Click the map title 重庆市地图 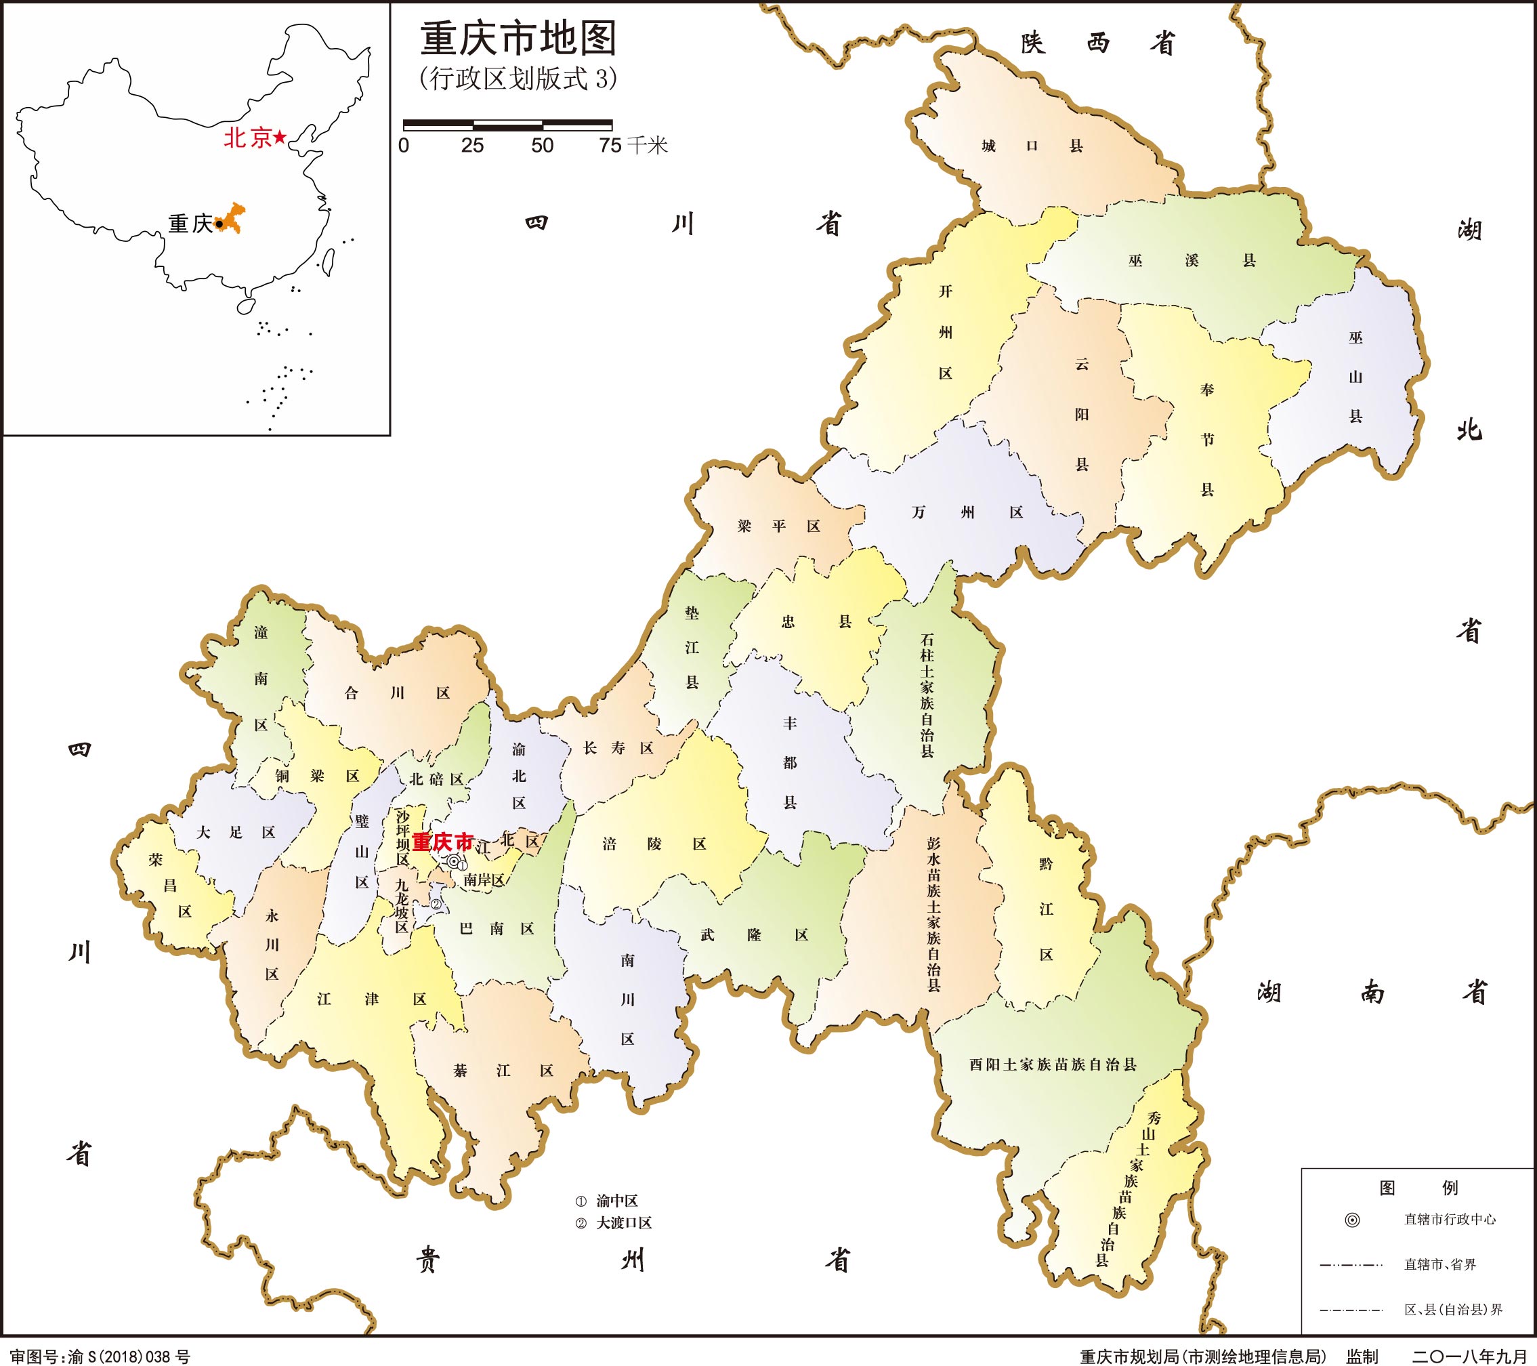518,39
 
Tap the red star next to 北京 280,137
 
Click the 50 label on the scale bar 542,146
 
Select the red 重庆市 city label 443,841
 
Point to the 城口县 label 1032,146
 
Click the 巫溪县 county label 1192,261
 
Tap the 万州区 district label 967,512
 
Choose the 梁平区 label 778,526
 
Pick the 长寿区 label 618,747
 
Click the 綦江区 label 503,1071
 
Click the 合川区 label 396,692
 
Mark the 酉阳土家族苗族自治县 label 1052,1064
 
